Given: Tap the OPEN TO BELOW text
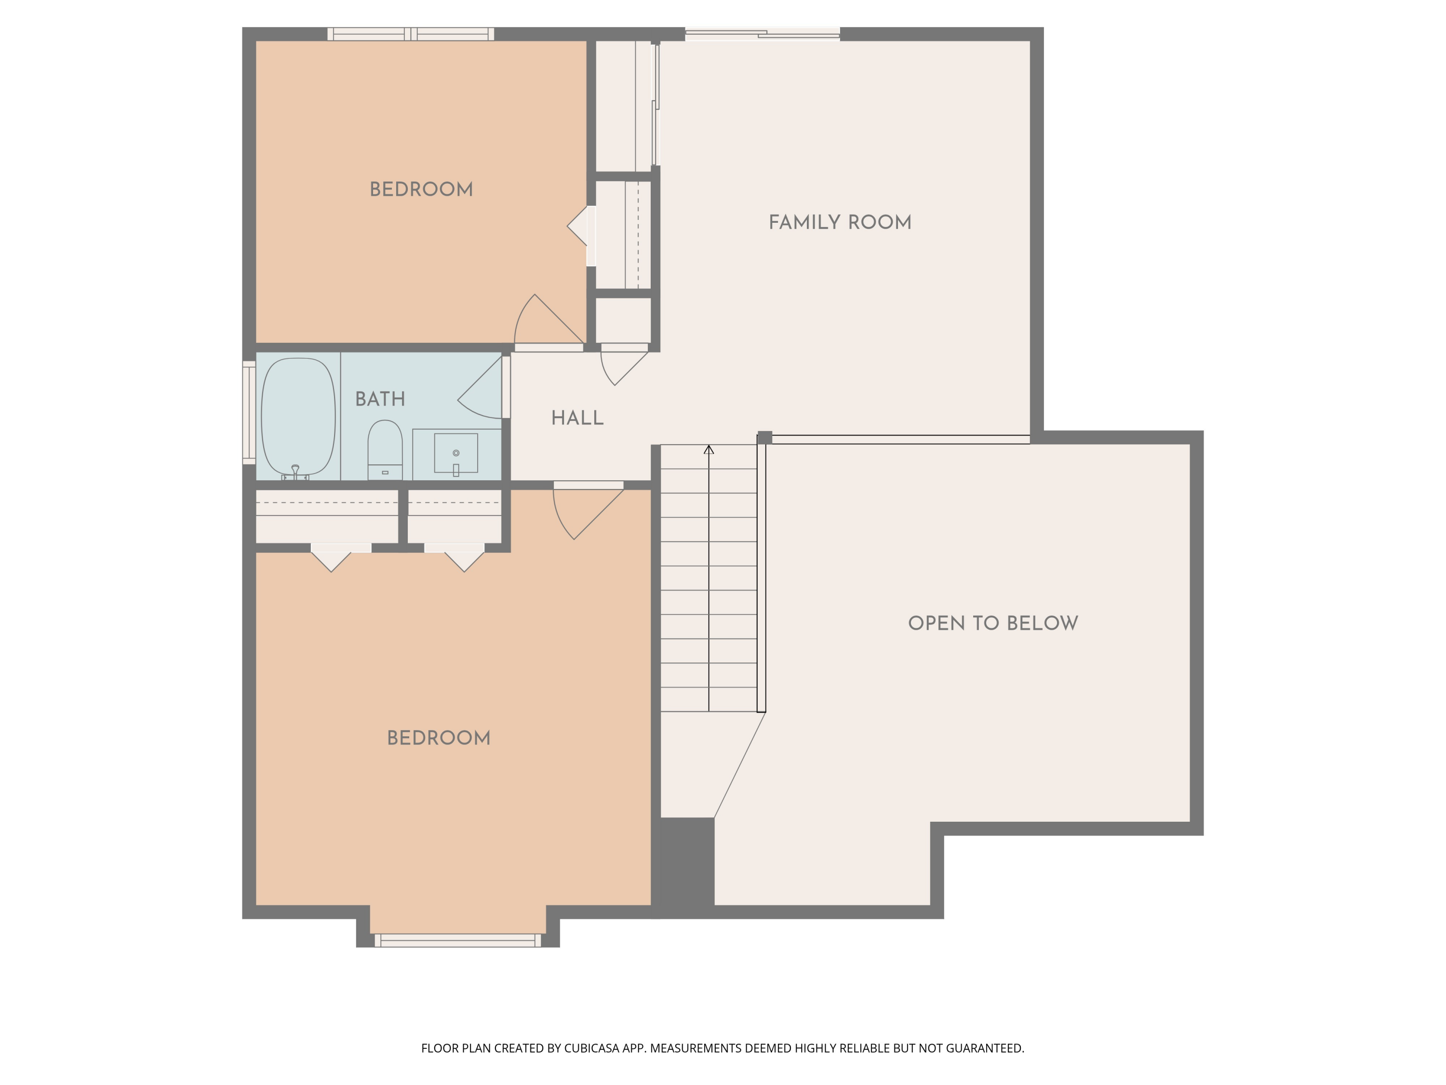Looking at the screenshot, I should click(x=992, y=623).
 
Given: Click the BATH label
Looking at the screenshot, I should click(x=380, y=399).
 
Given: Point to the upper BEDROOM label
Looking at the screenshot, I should click(x=421, y=190).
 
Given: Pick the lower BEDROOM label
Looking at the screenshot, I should click(x=438, y=738).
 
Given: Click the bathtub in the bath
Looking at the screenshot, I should click(x=298, y=416).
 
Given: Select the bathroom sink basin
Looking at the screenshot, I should click(x=455, y=453).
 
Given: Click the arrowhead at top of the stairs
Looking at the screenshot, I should click(x=709, y=449).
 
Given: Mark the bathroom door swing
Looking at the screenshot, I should click(x=482, y=393).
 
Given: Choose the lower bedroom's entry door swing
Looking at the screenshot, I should click(x=582, y=514).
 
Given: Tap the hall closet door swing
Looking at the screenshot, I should click(x=621, y=366).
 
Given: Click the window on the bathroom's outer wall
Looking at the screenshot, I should click(x=248, y=412).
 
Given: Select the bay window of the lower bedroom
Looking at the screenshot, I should click(x=457, y=940).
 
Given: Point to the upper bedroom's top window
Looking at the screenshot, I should click(x=411, y=34).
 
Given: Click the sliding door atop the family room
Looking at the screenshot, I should click(x=762, y=34).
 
